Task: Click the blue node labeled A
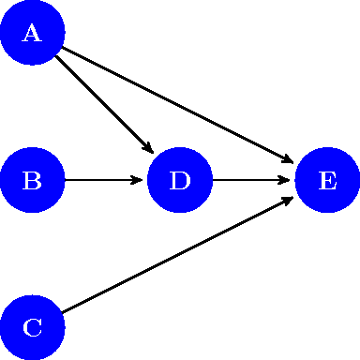click(32, 33)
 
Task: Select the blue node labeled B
click(32, 180)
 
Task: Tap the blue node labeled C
click(32, 327)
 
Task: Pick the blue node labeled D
click(180, 180)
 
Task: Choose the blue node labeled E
click(327, 180)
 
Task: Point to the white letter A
click(32, 34)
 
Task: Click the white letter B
click(32, 180)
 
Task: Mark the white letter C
click(32, 327)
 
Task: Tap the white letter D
click(180, 180)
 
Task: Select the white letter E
click(327, 180)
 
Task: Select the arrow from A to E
click(178, 106)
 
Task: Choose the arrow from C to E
click(178, 254)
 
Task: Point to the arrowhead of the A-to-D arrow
click(148, 148)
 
